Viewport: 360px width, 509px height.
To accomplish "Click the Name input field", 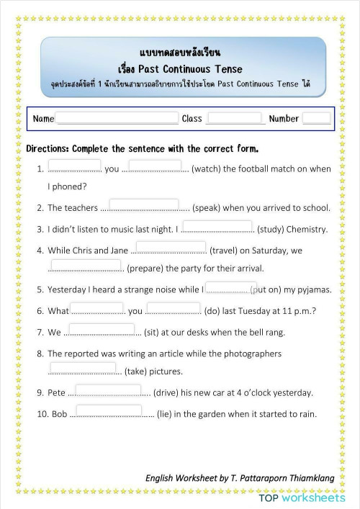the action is point(117,118).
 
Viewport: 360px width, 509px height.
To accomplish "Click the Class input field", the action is point(234,118).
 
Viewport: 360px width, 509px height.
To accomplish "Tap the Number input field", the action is point(316,118).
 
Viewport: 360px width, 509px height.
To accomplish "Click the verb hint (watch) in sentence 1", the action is point(206,169).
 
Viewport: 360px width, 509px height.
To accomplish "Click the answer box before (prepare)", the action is point(85,266).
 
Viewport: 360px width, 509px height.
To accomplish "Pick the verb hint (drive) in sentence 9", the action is point(170,393).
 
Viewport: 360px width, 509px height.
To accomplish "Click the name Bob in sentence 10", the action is point(59,414).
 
